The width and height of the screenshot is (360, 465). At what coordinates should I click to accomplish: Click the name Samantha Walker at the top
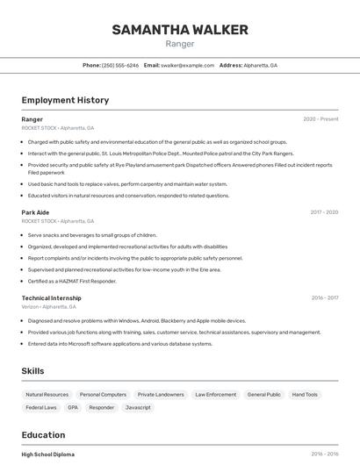pos(180,30)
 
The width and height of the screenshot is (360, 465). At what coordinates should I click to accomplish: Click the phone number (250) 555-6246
pos(119,65)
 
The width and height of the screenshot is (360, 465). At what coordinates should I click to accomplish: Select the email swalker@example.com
pos(187,65)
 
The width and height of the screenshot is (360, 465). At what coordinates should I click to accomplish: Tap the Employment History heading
pos(65,100)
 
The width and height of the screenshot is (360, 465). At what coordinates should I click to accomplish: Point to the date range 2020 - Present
pos(320,118)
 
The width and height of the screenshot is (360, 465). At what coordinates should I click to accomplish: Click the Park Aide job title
pos(35,211)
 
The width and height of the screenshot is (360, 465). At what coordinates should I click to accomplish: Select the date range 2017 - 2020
pos(324,211)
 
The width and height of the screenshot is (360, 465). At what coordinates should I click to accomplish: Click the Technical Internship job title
pos(51,297)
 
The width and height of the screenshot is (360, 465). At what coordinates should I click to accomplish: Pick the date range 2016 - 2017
pos(325,297)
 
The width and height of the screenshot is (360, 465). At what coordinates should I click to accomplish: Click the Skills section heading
pos(32,371)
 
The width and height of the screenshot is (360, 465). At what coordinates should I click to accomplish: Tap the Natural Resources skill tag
pos(47,395)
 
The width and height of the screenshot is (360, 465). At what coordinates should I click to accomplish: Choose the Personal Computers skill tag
pos(103,395)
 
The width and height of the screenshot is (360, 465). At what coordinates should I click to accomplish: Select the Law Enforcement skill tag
pos(215,395)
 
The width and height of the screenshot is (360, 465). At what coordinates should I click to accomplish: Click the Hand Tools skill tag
pos(305,395)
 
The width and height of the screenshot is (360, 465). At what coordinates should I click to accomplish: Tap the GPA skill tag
pos(73,407)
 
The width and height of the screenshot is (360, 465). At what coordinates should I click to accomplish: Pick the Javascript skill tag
pos(138,407)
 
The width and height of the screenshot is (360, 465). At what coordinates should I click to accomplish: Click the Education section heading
pos(43,435)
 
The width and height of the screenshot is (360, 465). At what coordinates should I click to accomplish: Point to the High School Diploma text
pos(48,454)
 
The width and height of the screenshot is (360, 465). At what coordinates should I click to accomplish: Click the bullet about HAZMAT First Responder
pos(72,281)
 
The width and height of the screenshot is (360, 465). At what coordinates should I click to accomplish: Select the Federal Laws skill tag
pos(41,407)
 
